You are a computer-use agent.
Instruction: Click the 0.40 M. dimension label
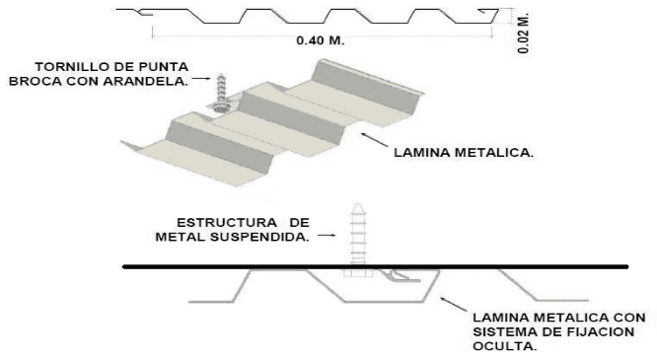pyautogui.click(x=321, y=40)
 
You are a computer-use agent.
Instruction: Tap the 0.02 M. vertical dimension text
pyautogui.click(x=524, y=34)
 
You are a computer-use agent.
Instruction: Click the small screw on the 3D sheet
pyautogui.click(x=220, y=93)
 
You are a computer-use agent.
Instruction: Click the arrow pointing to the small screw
pyautogui.click(x=201, y=78)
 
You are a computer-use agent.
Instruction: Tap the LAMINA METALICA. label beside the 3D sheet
pyautogui.click(x=464, y=153)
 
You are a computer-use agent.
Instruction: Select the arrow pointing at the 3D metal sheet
pyautogui.click(x=374, y=139)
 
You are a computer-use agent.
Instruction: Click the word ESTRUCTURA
pyautogui.click(x=227, y=223)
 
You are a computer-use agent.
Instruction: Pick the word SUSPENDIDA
pyautogui.click(x=259, y=237)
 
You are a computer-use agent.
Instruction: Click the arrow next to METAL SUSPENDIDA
pyautogui.click(x=327, y=236)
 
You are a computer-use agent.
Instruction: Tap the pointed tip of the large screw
pyautogui.click(x=358, y=204)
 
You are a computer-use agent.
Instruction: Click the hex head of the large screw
pyautogui.click(x=358, y=273)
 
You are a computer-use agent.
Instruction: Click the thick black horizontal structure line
pyautogui.click(x=376, y=266)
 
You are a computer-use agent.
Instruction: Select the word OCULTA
pyautogui.click(x=504, y=346)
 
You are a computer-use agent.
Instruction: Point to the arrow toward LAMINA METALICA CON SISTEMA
pyautogui.click(x=454, y=304)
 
